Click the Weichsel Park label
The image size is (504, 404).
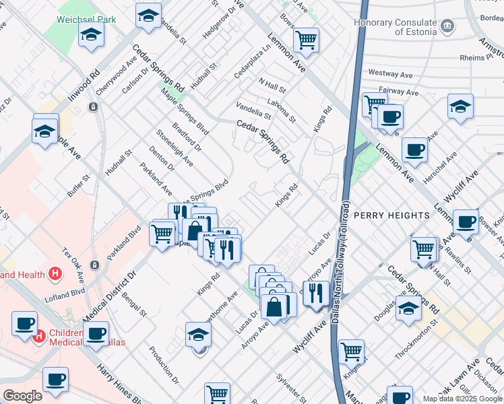tap(86, 19)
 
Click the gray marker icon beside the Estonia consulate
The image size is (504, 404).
tap(447, 28)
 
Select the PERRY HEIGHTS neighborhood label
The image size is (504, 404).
tap(391, 215)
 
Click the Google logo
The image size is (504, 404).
tap(22, 396)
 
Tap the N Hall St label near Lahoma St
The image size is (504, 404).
tap(272, 85)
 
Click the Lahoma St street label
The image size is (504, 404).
tap(282, 108)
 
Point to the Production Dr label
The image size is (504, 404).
tap(164, 365)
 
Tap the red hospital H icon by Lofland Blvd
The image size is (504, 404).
tap(56, 274)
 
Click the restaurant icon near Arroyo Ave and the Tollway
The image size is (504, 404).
tap(315, 293)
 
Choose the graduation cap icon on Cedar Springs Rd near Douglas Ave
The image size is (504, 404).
tap(408, 308)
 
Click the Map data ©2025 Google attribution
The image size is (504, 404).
tap(462, 399)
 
